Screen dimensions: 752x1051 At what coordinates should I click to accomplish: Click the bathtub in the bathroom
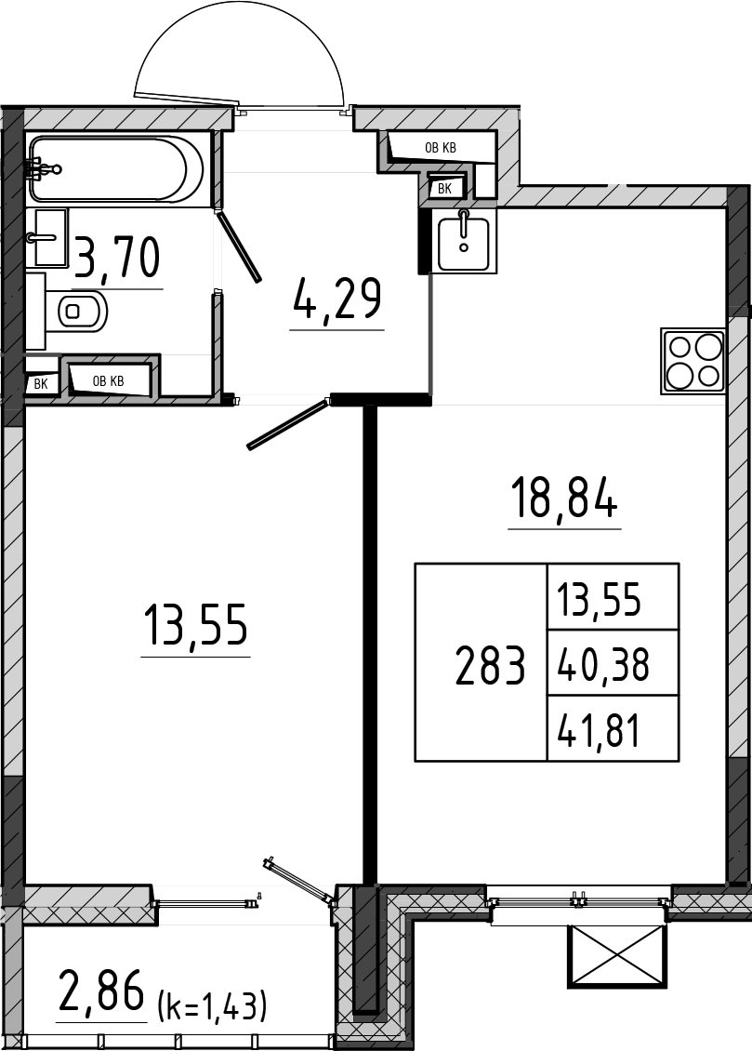click(x=116, y=168)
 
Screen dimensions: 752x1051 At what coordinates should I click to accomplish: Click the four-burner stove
click(x=693, y=361)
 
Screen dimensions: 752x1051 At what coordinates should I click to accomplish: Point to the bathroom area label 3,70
click(x=118, y=258)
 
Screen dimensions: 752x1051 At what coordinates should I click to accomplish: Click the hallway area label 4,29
click(x=337, y=299)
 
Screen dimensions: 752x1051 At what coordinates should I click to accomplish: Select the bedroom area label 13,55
click(x=195, y=625)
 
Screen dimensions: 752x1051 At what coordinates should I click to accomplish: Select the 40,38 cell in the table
click(x=603, y=666)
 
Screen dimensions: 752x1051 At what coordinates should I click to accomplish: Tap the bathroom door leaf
click(x=240, y=246)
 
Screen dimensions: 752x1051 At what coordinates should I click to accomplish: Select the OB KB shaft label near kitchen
click(x=441, y=148)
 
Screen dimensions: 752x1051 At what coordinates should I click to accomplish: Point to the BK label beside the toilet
click(x=41, y=384)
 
